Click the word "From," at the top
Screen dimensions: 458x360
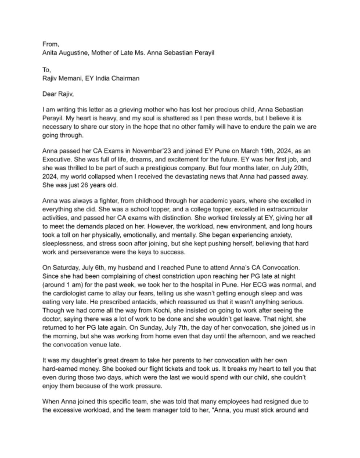(51, 44)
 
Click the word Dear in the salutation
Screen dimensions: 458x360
(49, 94)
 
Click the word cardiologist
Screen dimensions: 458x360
(70, 293)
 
